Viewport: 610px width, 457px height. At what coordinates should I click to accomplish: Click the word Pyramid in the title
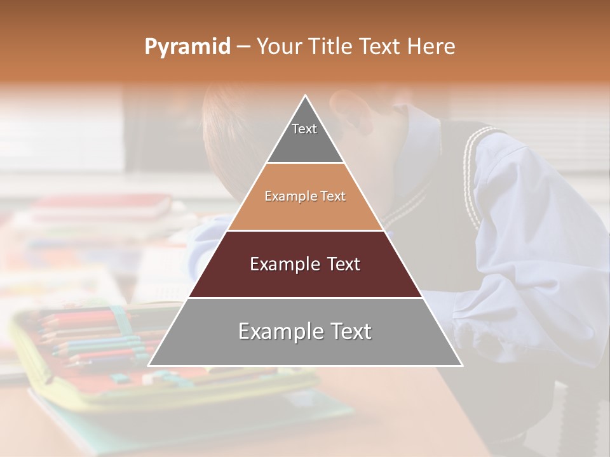[187, 47]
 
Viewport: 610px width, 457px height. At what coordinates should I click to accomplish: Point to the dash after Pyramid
[243, 47]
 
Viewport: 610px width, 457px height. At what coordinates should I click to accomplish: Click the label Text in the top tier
[304, 129]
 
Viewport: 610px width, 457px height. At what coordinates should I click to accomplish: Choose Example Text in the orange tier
[305, 196]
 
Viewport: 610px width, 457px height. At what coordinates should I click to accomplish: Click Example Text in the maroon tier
[305, 264]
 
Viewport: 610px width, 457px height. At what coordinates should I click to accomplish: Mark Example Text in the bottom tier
[305, 331]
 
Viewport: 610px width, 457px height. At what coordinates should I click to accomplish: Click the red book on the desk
[102, 207]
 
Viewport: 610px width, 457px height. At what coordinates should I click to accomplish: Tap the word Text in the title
[381, 47]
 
